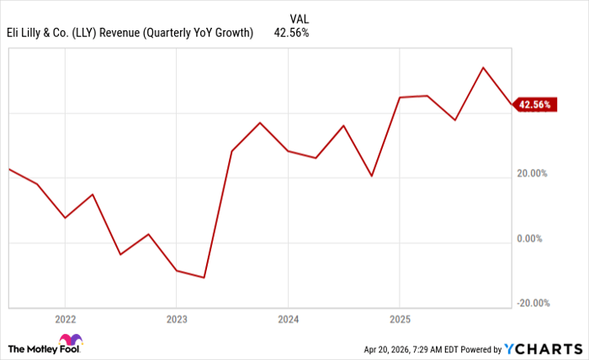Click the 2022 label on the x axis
coord(65,319)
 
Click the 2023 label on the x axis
coord(176,319)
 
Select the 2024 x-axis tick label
coord(288,319)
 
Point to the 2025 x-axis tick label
coord(399,319)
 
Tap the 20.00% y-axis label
coord(533,173)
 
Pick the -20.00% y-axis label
coord(532,304)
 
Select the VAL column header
coord(299,19)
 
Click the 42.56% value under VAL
coord(292,34)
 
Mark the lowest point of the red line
coord(204,278)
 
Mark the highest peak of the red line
coord(483,67)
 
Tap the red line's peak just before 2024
coord(260,123)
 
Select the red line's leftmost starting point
coord(8,169)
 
